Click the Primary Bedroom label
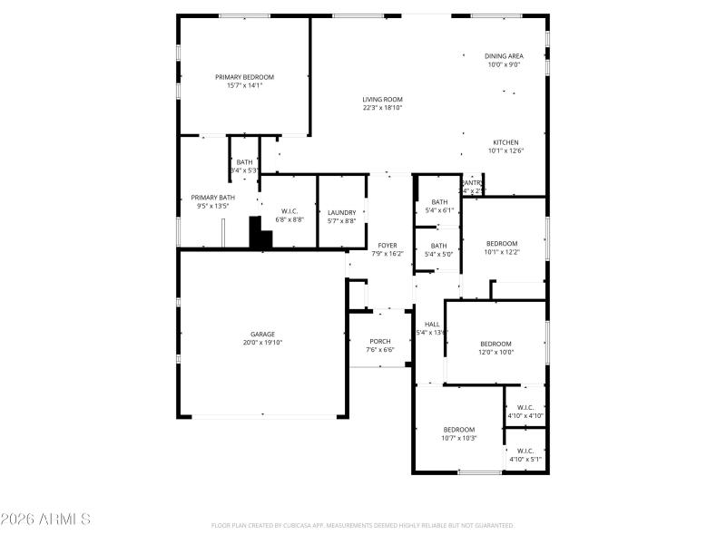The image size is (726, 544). pos(244,77)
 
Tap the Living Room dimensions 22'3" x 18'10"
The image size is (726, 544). pos(382,108)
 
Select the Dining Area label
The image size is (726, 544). pos(503,56)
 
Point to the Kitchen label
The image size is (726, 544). pos(505,142)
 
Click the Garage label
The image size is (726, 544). pos(263,334)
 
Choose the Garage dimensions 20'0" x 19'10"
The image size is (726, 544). pos(263,343)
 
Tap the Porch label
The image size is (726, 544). pos(380,341)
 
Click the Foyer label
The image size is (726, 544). pos(388,245)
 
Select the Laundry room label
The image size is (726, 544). pos(341,212)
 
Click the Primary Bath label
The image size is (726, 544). pos(212,197)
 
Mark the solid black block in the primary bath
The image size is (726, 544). pos(260,235)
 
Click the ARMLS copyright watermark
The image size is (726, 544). pos(45,520)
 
